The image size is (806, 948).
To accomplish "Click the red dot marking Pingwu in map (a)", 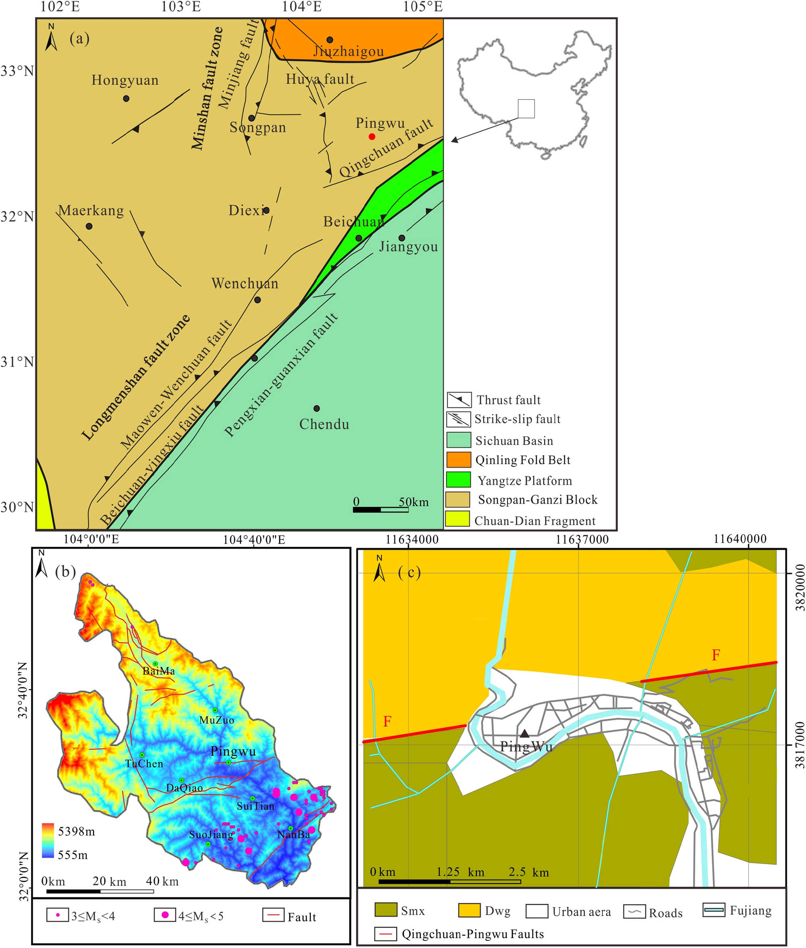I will pyautogui.click(x=372, y=137).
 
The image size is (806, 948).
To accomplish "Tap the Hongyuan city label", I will pyautogui.click(x=125, y=81).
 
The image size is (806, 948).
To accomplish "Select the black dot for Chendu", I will pyautogui.click(x=317, y=409).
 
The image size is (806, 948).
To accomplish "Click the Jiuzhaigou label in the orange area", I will pyautogui.click(x=348, y=52).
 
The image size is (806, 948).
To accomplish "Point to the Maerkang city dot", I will pyautogui.click(x=89, y=226).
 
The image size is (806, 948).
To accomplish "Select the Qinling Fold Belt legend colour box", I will pyautogui.click(x=458, y=460).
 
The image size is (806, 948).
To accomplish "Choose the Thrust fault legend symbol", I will pyautogui.click(x=459, y=400).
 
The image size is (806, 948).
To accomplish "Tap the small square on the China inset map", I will pyautogui.click(x=526, y=109).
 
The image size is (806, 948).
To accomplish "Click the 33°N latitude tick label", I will pyautogui.click(x=17, y=71).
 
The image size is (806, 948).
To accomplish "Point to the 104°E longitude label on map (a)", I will pyautogui.click(x=301, y=7).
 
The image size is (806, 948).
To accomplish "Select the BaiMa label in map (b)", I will pyautogui.click(x=158, y=671).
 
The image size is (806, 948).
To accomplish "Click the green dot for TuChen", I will pyautogui.click(x=142, y=755).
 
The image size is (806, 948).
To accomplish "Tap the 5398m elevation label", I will pyautogui.click(x=76, y=832).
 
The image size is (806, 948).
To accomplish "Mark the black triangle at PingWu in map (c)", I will pyautogui.click(x=525, y=733).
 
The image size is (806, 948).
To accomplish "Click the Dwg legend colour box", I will pyautogui.click(x=469, y=910).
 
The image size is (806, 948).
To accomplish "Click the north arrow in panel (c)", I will pyautogui.click(x=379, y=568).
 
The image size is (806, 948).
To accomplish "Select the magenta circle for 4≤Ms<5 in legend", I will pyautogui.click(x=165, y=915).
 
